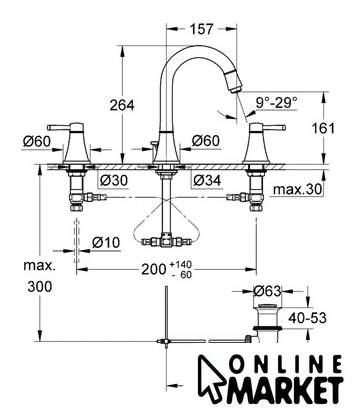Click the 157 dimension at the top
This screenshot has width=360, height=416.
click(x=201, y=29)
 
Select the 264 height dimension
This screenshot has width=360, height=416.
click(x=122, y=105)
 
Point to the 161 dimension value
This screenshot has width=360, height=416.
click(x=323, y=128)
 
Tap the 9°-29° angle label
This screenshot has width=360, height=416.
click(x=277, y=102)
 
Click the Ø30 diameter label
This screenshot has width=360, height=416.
click(x=114, y=181)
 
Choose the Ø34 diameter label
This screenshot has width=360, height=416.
click(x=207, y=181)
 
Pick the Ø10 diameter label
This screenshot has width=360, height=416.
click(x=106, y=242)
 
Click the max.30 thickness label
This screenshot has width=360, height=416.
click(x=298, y=189)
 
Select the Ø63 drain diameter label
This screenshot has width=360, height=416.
click(x=267, y=291)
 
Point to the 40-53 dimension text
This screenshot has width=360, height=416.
click(x=307, y=318)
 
